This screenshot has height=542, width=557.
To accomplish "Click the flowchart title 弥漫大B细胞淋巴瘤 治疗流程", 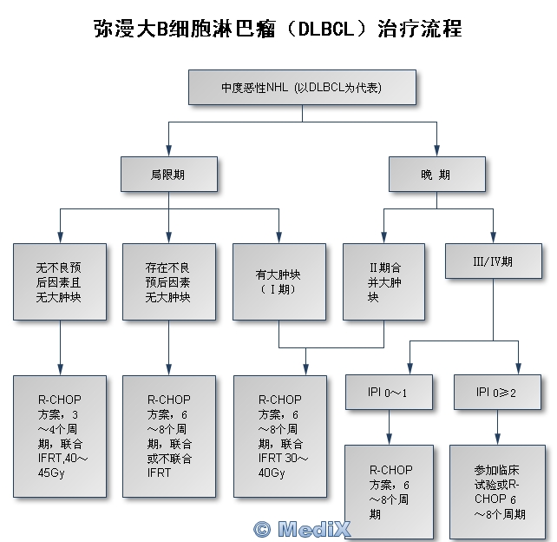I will click(x=278, y=28).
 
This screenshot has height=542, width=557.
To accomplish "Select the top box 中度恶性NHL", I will click(x=302, y=88).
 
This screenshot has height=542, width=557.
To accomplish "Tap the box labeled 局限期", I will click(x=167, y=174).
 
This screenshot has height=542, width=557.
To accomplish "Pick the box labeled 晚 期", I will click(x=436, y=174).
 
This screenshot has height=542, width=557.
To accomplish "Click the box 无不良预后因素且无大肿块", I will click(x=59, y=282).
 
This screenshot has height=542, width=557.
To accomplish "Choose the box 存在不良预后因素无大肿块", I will click(x=168, y=282).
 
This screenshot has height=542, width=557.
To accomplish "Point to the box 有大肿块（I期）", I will click(x=279, y=282).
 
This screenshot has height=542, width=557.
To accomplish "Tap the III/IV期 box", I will click(x=494, y=261).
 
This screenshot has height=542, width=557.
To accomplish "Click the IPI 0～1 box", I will click(x=388, y=393).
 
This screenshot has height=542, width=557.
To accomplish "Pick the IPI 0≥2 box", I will click(x=497, y=393).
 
